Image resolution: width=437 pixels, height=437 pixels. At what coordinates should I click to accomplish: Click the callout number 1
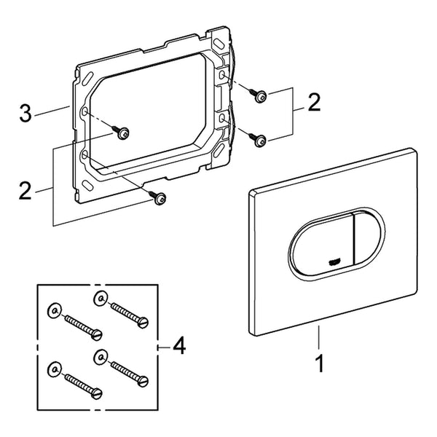point(320,363)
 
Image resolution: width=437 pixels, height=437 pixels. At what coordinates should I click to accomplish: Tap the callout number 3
point(25,112)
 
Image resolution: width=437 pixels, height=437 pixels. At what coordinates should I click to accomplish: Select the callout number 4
point(179,346)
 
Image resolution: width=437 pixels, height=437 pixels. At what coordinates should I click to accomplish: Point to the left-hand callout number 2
point(25,190)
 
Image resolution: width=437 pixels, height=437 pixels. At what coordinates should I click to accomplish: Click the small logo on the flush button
point(334,262)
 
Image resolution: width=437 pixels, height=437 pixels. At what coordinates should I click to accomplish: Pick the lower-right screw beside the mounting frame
point(258,139)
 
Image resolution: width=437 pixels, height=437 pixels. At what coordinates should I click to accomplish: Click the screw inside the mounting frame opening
point(121,133)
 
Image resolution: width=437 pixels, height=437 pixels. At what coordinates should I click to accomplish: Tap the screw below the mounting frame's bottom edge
point(158,197)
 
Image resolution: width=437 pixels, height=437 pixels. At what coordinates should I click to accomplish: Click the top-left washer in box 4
point(54,310)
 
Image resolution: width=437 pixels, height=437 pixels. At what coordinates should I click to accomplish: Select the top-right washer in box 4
point(101,298)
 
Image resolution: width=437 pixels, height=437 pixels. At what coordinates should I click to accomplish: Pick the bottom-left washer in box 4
point(54,369)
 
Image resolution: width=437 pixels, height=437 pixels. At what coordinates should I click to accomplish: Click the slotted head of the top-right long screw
point(143,323)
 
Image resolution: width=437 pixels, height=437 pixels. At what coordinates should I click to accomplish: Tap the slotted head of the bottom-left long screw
point(97,393)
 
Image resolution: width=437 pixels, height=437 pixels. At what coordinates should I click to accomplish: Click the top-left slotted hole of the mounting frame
point(88,78)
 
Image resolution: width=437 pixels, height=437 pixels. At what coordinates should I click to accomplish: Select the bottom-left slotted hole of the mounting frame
point(87,184)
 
